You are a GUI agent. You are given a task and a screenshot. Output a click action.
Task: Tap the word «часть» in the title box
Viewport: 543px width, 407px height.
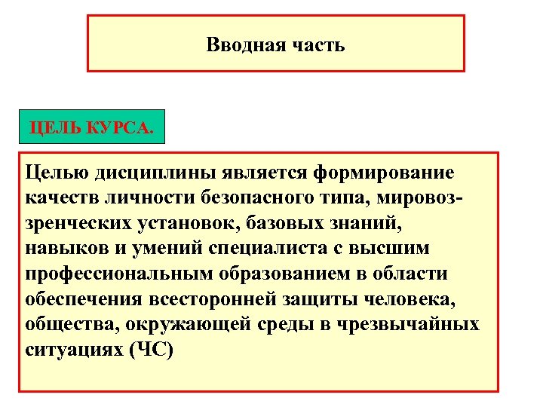[x=317, y=45]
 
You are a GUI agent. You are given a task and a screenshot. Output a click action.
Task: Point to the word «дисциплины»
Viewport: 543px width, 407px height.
[x=157, y=173]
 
